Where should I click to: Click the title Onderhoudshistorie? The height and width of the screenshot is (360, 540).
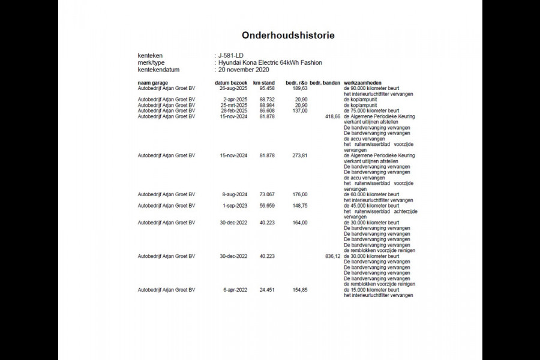click(x=288, y=35)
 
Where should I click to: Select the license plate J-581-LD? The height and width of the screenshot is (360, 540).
click(x=232, y=55)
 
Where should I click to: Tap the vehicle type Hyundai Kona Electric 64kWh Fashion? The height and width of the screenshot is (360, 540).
click(x=271, y=62)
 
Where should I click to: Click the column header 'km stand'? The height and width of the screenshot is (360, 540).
click(x=264, y=82)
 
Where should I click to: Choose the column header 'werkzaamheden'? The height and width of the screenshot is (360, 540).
click(x=363, y=82)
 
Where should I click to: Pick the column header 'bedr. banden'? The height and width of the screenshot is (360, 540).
click(x=325, y=82)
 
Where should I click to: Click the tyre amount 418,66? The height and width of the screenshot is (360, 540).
click(x=332, y=116)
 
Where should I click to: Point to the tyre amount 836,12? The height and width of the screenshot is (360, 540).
click(x=332, y=256)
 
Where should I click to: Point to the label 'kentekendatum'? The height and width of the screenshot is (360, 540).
click(x=156, y=70)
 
